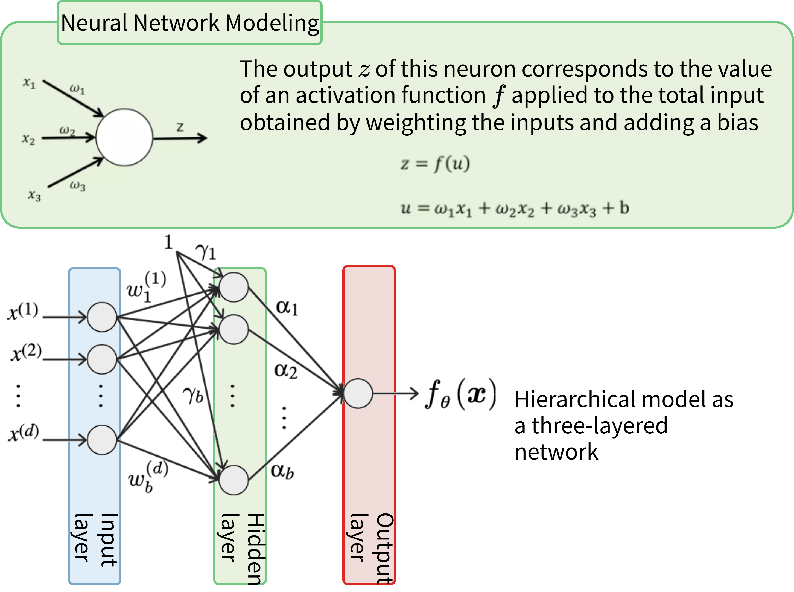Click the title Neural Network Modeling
point(189,23)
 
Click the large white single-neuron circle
point(124,137)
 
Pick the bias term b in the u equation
point(624,208)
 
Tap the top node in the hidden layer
point(233,287)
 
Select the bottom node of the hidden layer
point(233,480)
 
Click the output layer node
point(358,393)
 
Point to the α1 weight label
point(287,307)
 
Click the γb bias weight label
point(193,395)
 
